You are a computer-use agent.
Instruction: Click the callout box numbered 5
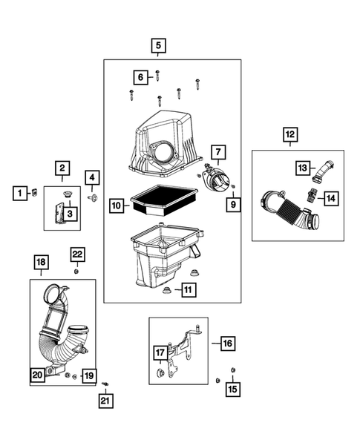pos(157,46)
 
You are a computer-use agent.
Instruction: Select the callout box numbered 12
pos(289,135)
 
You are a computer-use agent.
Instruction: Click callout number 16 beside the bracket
pos(227,343)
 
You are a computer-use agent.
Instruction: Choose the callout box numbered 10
pos(116,204)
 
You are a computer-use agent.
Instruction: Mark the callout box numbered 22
pos(78,254)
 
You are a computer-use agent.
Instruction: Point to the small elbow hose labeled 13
pos(327,172)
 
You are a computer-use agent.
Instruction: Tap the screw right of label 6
pos(159,75)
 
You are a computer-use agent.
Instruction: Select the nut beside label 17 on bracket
pos(161,371)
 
